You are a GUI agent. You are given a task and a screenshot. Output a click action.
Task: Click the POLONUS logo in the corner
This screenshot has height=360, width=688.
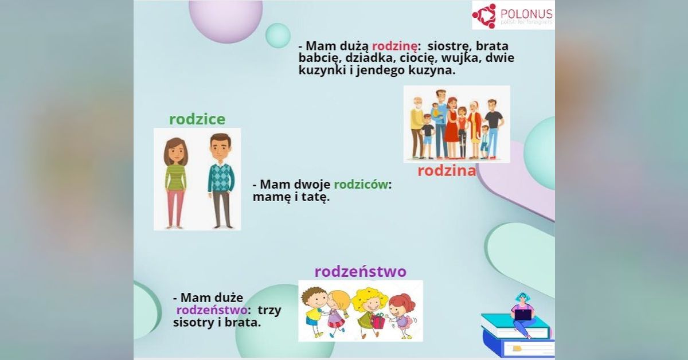513,15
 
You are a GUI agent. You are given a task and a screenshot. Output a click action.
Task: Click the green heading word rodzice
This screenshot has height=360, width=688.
197,119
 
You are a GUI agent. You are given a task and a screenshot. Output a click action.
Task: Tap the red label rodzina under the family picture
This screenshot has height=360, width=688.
447,170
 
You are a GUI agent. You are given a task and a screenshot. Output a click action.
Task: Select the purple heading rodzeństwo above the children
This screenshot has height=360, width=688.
360,271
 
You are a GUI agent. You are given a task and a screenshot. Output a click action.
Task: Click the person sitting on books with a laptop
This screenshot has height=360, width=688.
522,315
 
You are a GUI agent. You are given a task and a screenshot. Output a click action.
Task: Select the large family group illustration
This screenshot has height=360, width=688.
456,124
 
